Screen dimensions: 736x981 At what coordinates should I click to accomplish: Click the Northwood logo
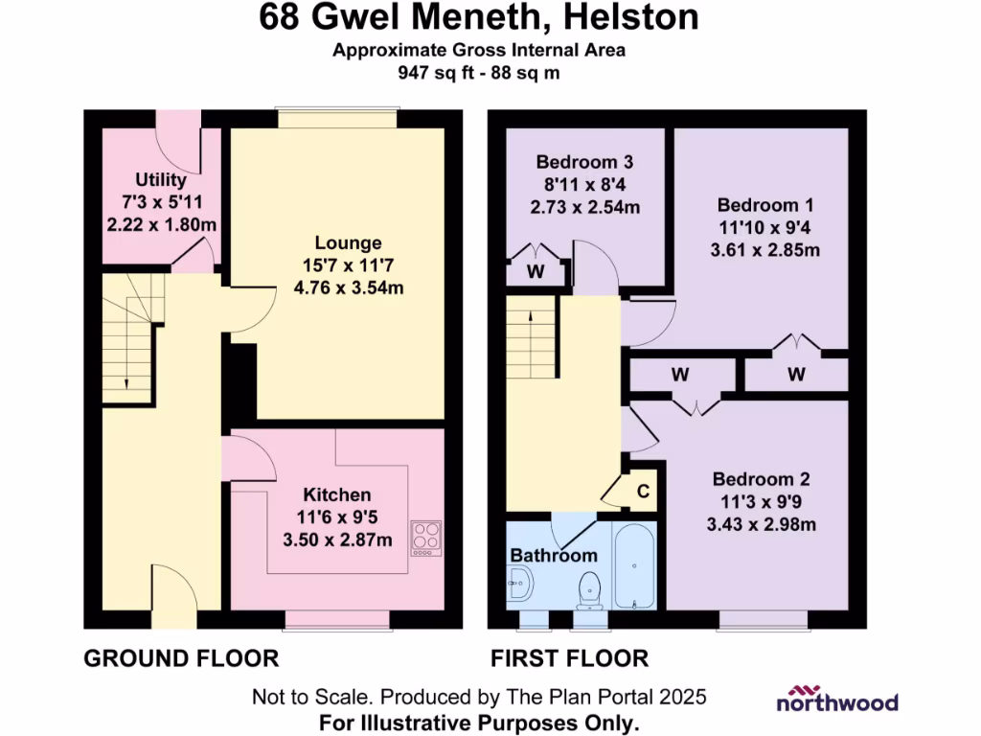point(836,699)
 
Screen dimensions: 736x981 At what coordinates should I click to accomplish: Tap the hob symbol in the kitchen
point(426,538)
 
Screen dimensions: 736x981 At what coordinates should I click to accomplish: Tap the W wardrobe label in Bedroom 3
point(536,271)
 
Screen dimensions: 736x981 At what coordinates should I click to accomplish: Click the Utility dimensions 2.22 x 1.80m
point(161,223)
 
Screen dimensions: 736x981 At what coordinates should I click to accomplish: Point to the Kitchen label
point(337,495)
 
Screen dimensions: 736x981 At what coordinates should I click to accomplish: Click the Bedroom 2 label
point(756,480)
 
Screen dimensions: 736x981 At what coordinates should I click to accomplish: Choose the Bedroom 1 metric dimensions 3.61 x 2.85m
point(764,251)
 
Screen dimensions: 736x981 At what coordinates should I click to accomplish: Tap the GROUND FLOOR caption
point(181,658)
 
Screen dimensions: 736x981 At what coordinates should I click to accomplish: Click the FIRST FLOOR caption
point(569,658)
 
